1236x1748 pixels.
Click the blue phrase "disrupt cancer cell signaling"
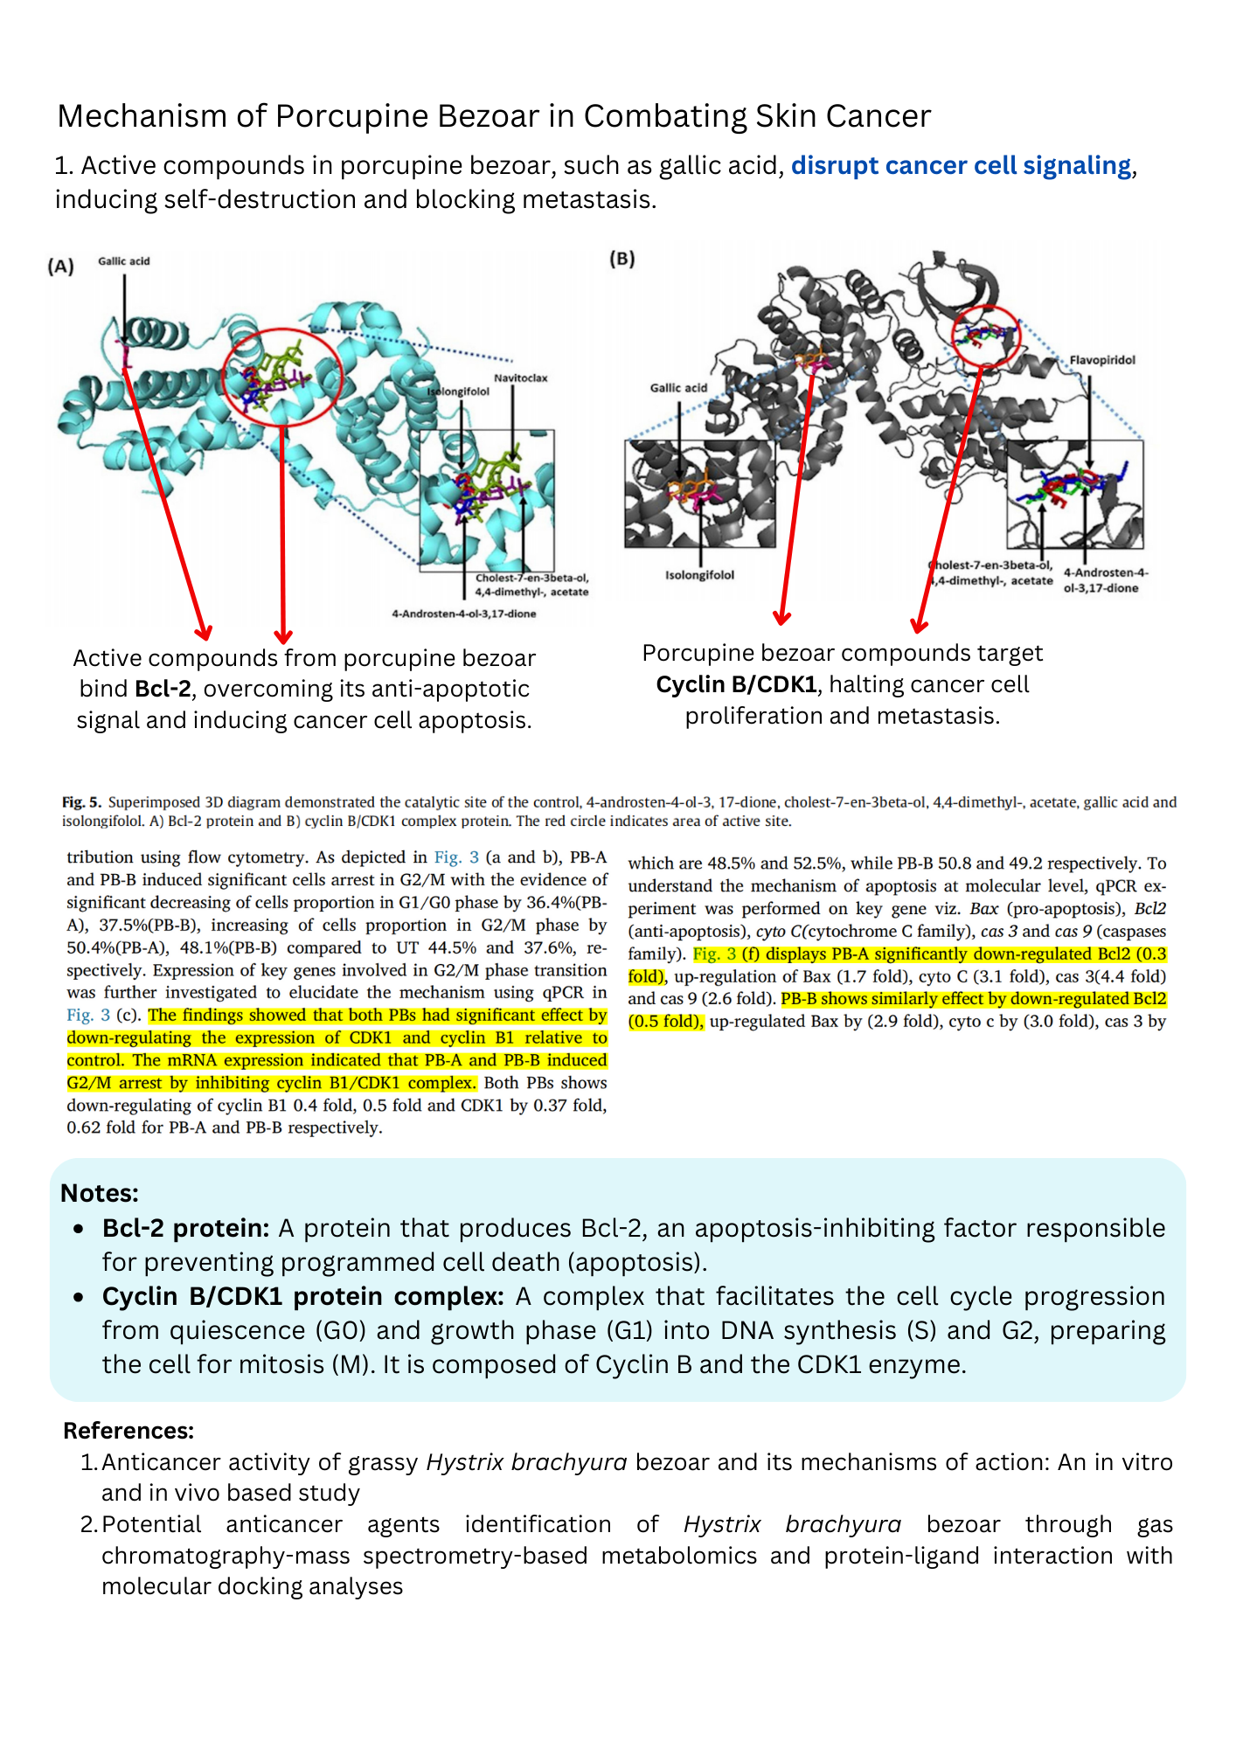click(x=961, y=165)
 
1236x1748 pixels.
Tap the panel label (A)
click(x=60, y=267)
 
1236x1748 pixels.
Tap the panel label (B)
click(x=621, y=259)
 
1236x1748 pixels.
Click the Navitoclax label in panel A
click(x=520, y=378)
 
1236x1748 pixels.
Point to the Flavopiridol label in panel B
click(x=1102, y=360)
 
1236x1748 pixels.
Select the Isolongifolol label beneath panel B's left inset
click(x=699, y=575)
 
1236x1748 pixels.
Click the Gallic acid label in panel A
click(x=123, y=260)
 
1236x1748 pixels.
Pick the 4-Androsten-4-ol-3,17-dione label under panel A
click(x=463, y=614)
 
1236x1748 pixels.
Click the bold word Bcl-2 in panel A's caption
click(x=163, y=689)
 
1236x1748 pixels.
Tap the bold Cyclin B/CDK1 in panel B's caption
click(x=736, y=684)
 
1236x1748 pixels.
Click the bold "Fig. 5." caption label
click(x=81, y=801)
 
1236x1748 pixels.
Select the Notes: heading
click(x=100, y=1193)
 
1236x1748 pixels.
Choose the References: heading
click(x=128, y=1430)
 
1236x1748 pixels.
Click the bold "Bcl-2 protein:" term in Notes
click(x=185, y=1228)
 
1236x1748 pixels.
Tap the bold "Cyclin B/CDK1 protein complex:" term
click(x=302, y=1296)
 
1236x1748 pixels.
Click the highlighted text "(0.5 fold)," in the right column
click(x=666, y=1021)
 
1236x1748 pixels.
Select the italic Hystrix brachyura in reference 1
click(x=526, y=1461)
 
